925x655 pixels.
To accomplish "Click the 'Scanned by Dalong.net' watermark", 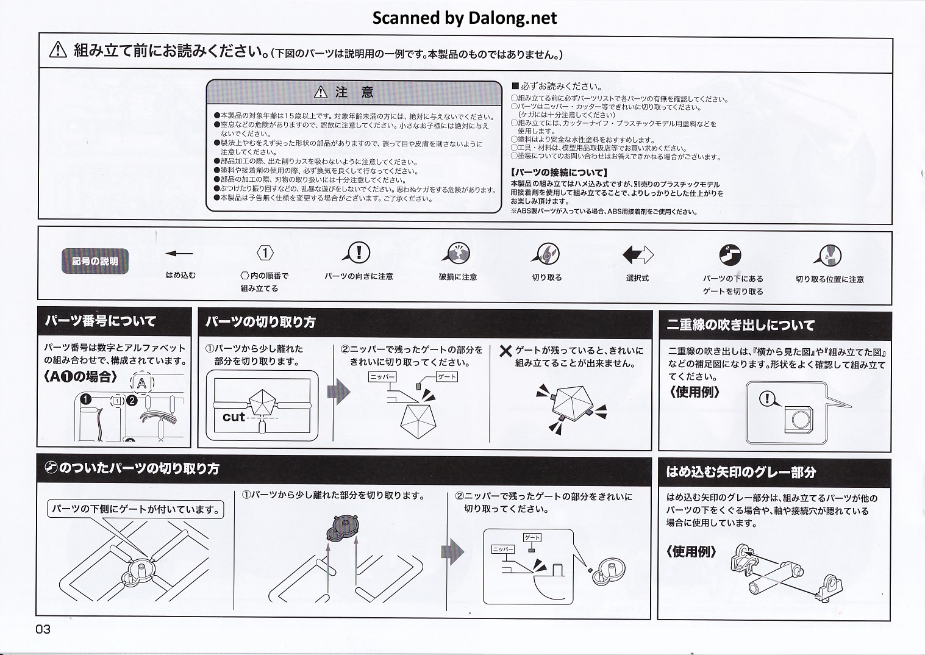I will [464, 18].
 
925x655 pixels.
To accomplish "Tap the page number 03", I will [43, 629].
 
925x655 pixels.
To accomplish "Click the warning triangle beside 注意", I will [321, 93].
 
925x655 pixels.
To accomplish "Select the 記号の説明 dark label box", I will [95, 261].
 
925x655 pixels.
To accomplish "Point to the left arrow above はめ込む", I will [179, 253].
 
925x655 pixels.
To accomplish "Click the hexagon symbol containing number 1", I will [265, 252].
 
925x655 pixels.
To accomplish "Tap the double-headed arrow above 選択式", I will [638, 254].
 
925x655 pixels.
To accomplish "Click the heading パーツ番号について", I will [101, 321].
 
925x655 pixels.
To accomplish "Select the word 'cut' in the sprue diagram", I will [234, 417].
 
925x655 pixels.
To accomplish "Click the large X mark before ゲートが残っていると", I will [505, 351].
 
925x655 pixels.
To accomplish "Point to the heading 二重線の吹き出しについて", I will [740, 325].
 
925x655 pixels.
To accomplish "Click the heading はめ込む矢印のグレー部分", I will [741, 472].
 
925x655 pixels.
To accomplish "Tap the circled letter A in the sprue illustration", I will [141, 384].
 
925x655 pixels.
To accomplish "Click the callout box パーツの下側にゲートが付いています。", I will [136, 509].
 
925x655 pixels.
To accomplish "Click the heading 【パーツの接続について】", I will [559, 173].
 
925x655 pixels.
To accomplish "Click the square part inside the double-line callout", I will [799, 419].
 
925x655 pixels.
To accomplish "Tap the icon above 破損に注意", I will [457, 253].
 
